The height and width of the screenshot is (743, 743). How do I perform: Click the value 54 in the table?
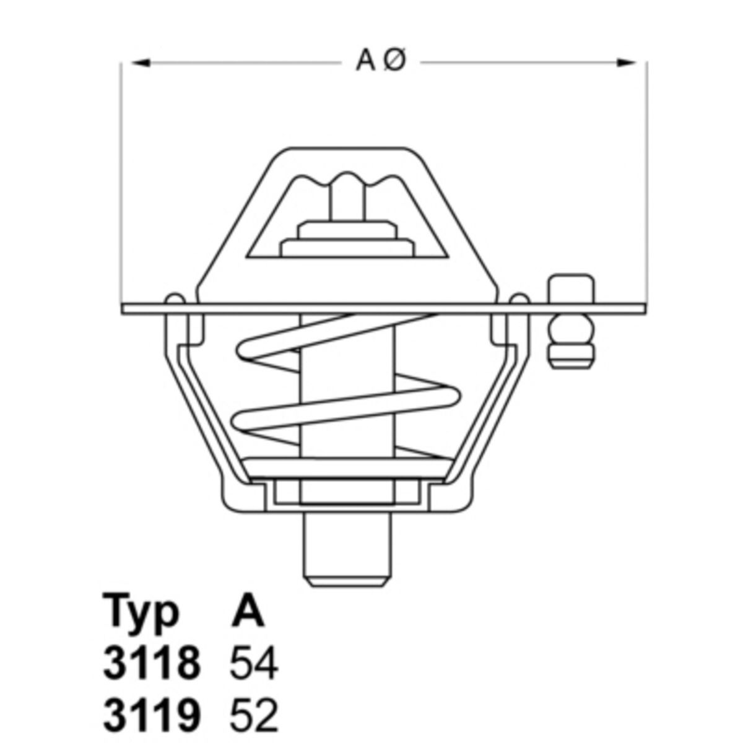pyautogui.click(x=254, y=664)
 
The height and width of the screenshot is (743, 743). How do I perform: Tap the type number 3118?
pyautogui.click(x=152, y=664)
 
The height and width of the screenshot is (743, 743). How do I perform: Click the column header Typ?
pyautogui.click(x=142, y=612)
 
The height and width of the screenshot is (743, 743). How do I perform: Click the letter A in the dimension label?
pyautogui.click(x=367, y=61)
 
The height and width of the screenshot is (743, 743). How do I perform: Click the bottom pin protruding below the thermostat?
pyautogui.click(x=347, y=551)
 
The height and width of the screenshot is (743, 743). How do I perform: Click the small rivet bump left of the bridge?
pyautogui.click(x=175, y=298)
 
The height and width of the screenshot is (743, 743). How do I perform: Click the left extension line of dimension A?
pyautogui.click(x=121, y=186)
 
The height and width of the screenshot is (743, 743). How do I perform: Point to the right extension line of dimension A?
pyautogui.click(x=648, y=186)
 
